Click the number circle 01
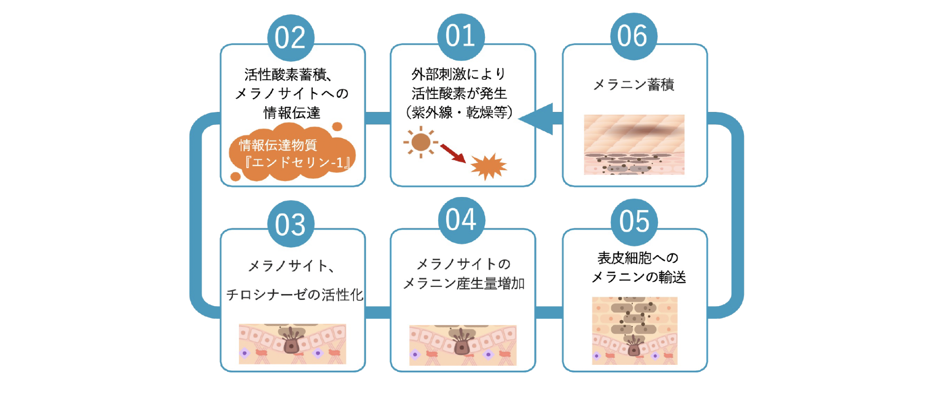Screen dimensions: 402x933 461,37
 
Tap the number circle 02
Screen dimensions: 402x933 290,38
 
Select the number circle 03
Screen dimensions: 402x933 290,224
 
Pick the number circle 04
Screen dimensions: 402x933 461,220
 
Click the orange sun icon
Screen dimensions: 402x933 420,142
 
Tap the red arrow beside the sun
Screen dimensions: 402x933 453,153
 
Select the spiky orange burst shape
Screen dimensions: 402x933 488,167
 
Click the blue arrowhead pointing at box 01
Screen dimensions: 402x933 538,119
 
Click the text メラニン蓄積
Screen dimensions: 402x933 634,85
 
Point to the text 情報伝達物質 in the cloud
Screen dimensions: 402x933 278,145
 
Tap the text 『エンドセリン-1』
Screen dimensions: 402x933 297,162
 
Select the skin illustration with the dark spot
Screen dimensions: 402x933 634,144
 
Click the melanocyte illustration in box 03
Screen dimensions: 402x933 292,344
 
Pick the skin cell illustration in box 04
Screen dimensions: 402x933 462,345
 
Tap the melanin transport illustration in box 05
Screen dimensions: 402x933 635,330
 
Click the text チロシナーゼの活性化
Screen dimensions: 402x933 294,295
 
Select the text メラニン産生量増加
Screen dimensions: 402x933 464,283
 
